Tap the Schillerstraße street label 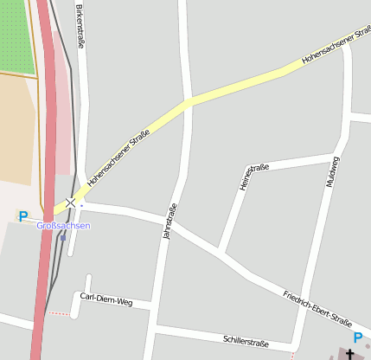[x=246, y=342]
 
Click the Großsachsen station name [x=63, y=226]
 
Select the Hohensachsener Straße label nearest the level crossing [x=118, y=160]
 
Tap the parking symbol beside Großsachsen [x=23, y=216]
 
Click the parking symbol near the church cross [x=358, y=338]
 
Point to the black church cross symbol [x=351, y=354]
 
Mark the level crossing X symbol [x=71, y=202]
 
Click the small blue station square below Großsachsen [x=62, y=237]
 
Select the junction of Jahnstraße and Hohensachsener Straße [x=188, y=101]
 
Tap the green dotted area [x=16, y=35]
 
